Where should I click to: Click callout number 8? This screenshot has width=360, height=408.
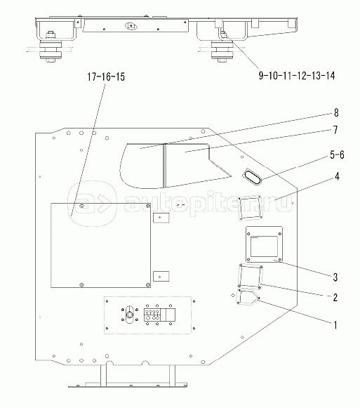[336, 113]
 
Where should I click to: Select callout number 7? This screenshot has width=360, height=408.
[335, 130]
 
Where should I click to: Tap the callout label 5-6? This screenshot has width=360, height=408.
[337, 154]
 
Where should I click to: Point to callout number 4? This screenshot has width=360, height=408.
[337, 177]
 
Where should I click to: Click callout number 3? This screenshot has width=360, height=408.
[335, 277]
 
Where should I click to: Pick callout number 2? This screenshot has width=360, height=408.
[335, 298]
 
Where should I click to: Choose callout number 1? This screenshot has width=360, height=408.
[335, 325]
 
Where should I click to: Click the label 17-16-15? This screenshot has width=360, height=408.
[106, 77]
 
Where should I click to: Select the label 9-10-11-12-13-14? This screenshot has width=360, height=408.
[297, 76]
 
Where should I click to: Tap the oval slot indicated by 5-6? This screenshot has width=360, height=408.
[251, 177]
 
